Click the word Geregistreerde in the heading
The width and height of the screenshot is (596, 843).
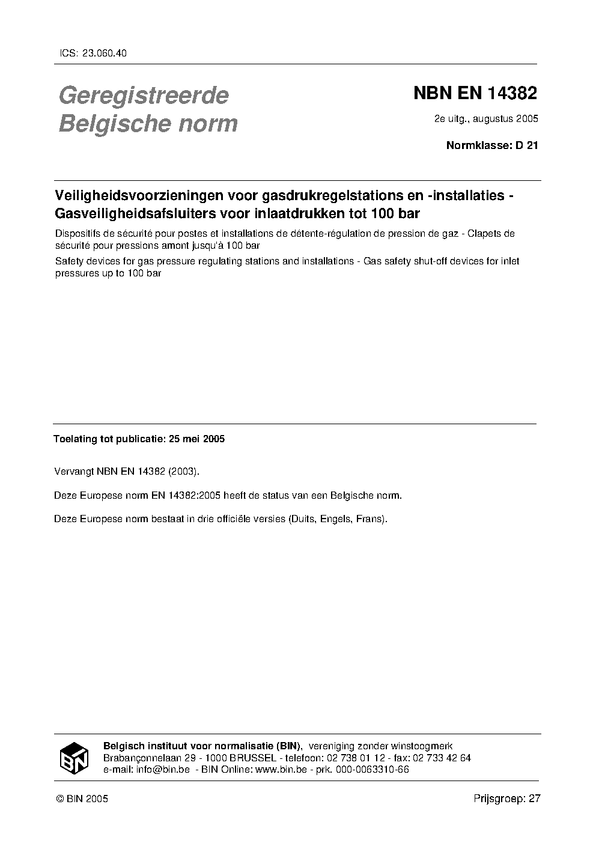143,95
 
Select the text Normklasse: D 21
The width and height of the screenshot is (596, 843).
492,145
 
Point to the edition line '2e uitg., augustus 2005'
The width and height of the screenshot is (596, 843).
486,118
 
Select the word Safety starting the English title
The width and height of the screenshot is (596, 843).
68,261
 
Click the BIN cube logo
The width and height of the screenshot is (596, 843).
74,758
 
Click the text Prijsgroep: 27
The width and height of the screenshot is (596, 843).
507,799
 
